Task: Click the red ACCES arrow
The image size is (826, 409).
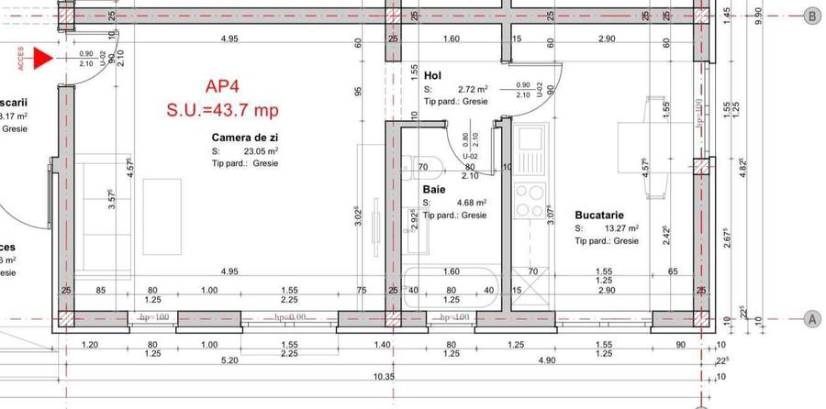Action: point(41,60)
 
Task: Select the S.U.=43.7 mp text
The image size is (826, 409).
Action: point(221,110)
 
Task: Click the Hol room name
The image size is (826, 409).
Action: point(433,75)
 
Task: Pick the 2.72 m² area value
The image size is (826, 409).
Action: point(473,89)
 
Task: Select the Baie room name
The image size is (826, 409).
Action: point(434,190)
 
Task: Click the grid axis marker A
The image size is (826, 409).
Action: point(811,318)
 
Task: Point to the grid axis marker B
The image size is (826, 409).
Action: point(811,16)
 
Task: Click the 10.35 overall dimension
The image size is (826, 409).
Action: point(384,377)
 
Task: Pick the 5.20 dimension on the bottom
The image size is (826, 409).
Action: point(230,361)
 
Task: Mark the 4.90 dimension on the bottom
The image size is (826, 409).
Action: point(548,361)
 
